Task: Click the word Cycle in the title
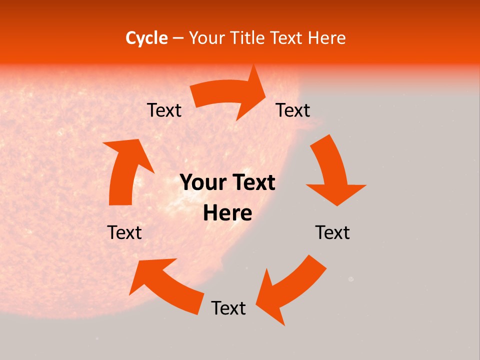146,38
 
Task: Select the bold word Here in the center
227,213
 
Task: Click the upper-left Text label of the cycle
164,110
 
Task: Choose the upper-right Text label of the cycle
293,110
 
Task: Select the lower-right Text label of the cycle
332,232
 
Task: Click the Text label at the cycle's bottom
228,308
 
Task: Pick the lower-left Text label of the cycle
124,232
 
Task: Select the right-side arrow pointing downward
333,170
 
